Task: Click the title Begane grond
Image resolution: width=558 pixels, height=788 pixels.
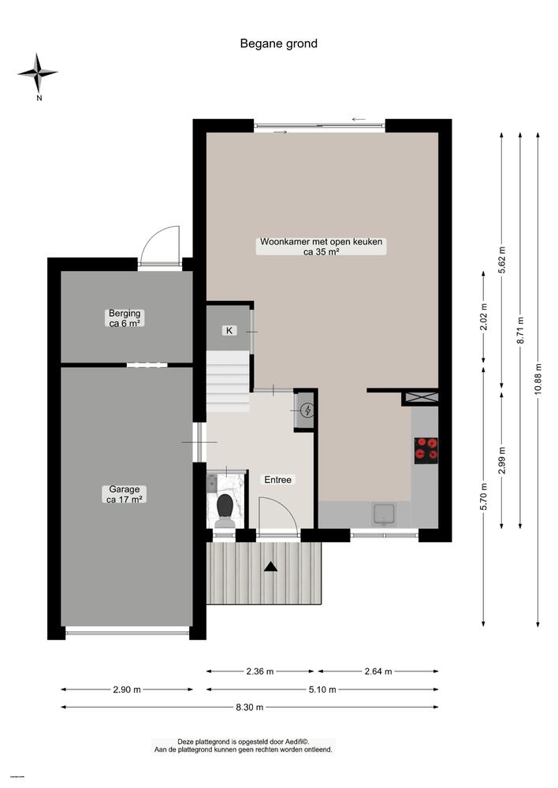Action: point(278,44)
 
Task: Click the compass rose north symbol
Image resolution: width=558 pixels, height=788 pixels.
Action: point(38,74)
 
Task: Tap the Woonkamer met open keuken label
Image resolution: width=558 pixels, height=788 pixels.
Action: point(321,247)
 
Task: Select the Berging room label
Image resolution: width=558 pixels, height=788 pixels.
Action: point(125,318)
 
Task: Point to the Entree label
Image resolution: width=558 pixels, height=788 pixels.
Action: point(277,479)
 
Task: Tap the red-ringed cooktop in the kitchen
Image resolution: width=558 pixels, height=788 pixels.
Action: point(426,448)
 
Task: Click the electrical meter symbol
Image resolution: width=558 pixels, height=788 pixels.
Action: point(306,410)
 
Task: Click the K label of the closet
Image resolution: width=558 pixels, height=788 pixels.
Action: point(229,331)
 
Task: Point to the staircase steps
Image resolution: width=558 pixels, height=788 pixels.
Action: point(228,381)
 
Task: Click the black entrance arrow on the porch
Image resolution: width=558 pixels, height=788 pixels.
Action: point(270,565)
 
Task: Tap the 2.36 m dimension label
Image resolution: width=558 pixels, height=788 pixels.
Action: point(259,671)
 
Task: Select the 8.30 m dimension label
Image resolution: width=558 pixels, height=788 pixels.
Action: point(249,707)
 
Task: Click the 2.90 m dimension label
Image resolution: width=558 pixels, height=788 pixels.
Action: point(126,689)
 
